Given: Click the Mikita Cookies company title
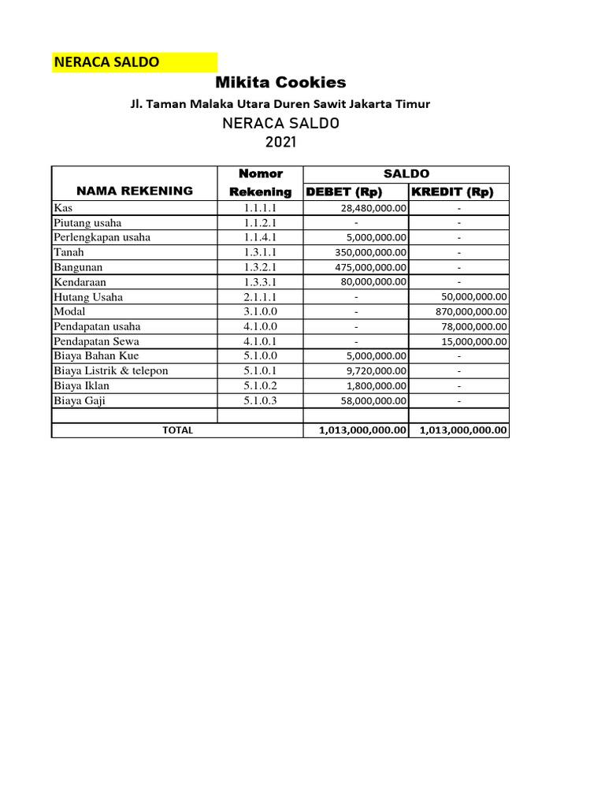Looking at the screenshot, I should (x=280, y=83).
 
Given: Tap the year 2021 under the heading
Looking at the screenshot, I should (x=280, y=143).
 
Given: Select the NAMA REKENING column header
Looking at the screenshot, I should (x=134, y=191).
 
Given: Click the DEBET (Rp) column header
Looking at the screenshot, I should (x=343, y=192).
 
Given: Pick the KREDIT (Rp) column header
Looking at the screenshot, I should (x=451, y=192).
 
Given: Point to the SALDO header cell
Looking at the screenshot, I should (x=406, y=173).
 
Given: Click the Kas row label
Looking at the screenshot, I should (x=61, y=208).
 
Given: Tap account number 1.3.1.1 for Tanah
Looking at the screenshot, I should (x=259, y=253).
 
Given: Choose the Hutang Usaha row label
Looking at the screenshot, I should (x=88, y=297).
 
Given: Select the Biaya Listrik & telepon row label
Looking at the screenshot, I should (x=111, y=371).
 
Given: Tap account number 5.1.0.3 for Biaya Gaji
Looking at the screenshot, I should (x=259, y=401).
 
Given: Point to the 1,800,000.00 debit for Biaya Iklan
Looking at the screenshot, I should (x=376, y=386).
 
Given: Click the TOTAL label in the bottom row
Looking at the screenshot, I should (x=177, y=430).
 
